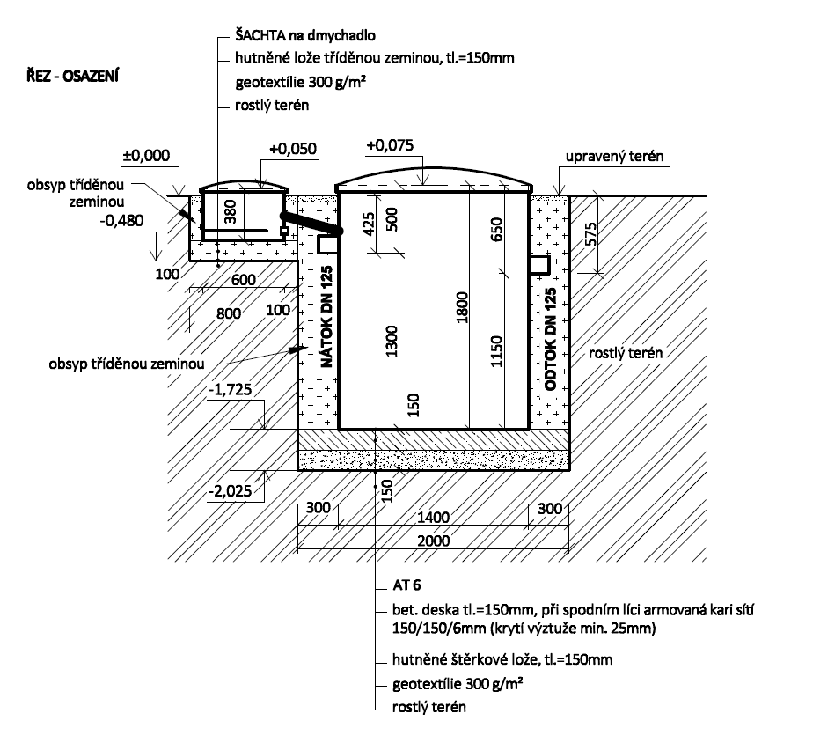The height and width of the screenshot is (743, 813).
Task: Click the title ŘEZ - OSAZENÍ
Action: pos(73,76)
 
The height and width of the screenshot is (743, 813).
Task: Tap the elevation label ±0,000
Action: pos(146,155)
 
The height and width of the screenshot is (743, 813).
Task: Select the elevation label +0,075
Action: pos(390,145)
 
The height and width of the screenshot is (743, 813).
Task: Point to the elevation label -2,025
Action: pos(230,490)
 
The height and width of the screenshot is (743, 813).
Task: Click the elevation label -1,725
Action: pos(230,389)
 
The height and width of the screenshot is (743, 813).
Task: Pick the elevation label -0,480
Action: pos(121,220)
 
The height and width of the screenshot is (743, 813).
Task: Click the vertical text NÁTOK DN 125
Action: pos(326,318)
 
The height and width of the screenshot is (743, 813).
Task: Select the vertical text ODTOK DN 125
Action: pos(551,339)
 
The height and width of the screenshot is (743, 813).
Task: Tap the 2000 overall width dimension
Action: pos(434,541)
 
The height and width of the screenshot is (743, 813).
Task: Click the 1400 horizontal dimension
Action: pos(434,517)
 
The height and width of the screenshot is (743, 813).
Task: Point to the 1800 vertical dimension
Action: pos(462,308)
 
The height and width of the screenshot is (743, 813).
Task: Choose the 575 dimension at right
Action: pos(590,234)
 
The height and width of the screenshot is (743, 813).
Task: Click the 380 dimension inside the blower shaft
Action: pos(231,211)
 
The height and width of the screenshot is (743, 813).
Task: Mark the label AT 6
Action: pos(406,585)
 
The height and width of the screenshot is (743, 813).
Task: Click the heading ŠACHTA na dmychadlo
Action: pos(305,35)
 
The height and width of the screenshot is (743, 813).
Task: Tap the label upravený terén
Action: pos(614,156)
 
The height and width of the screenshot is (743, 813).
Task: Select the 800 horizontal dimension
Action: pos(229,313)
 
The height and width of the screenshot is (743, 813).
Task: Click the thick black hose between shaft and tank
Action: pos(310,223)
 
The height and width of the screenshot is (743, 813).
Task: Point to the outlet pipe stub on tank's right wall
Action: pos(539,264)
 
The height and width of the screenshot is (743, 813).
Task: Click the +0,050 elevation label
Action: pos(293,149)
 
